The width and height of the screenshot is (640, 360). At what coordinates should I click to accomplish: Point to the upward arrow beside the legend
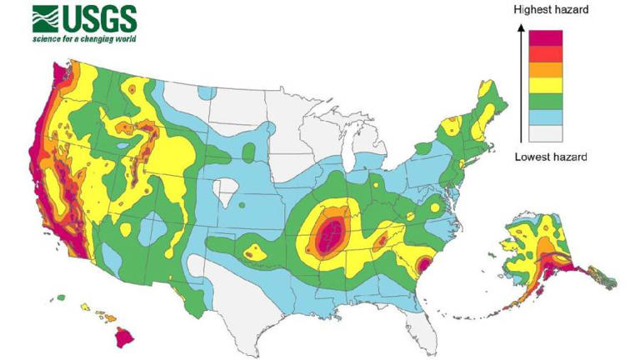click(x=520, y=83)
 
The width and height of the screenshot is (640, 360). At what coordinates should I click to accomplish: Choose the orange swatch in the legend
click(x=547, y=69)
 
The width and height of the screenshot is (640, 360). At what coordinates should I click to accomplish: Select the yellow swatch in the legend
click(x=547, y=85)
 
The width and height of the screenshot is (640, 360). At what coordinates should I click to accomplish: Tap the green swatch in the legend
click(x=547, y=101)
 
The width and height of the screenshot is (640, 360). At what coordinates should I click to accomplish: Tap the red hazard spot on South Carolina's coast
click(x=422, y=267)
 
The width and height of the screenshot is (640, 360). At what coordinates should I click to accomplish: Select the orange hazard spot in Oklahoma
click(x=251, y=250)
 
